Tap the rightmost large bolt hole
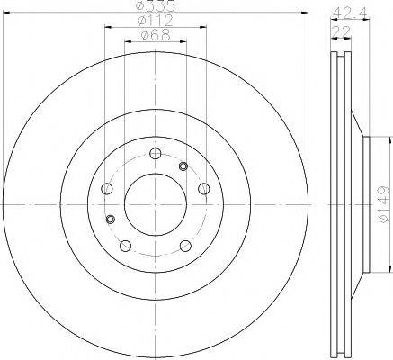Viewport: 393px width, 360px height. pyautogui.click(x=204, y=188)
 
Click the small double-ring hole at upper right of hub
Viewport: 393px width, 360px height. pyautogui.click(x=183, y=166)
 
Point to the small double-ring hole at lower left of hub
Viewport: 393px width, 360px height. pyautogui.click(x=111, y=219)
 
